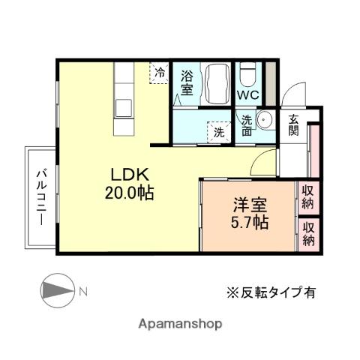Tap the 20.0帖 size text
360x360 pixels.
130,193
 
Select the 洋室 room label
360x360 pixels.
249,204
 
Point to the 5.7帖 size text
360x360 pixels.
249,222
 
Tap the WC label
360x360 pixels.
249,96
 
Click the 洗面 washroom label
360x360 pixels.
247,124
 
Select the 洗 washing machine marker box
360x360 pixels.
217,132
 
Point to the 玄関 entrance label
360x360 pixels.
293,124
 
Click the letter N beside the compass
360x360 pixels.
84,291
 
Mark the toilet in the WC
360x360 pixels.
248,75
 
